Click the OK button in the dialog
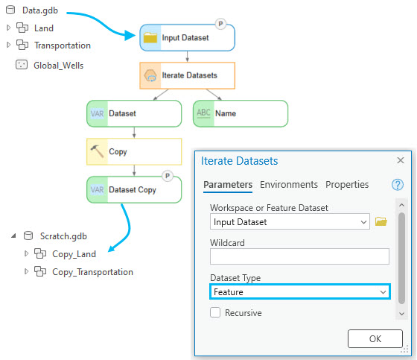pos(375,338)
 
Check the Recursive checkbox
pos(215,312)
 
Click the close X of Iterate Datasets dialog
pos(401,160)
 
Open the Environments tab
pos(289,185)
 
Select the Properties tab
pos(347,185)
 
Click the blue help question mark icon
pos(398,185)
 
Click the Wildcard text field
pos(299,256)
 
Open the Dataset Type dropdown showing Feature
pos(300,292)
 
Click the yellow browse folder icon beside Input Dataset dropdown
pos(381,221)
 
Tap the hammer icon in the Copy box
pos(97,151)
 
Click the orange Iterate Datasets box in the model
pos(187,75)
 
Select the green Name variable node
pos(241,113)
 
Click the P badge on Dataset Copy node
pos(168,176)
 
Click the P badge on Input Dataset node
pos(220,24)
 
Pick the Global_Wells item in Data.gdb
pos(58,66)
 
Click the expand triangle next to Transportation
pos(8,45)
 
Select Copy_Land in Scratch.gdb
pos(74,254)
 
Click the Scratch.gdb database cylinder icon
pos(28,236)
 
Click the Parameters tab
pos(228,185)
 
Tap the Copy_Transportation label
pos(92,272)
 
